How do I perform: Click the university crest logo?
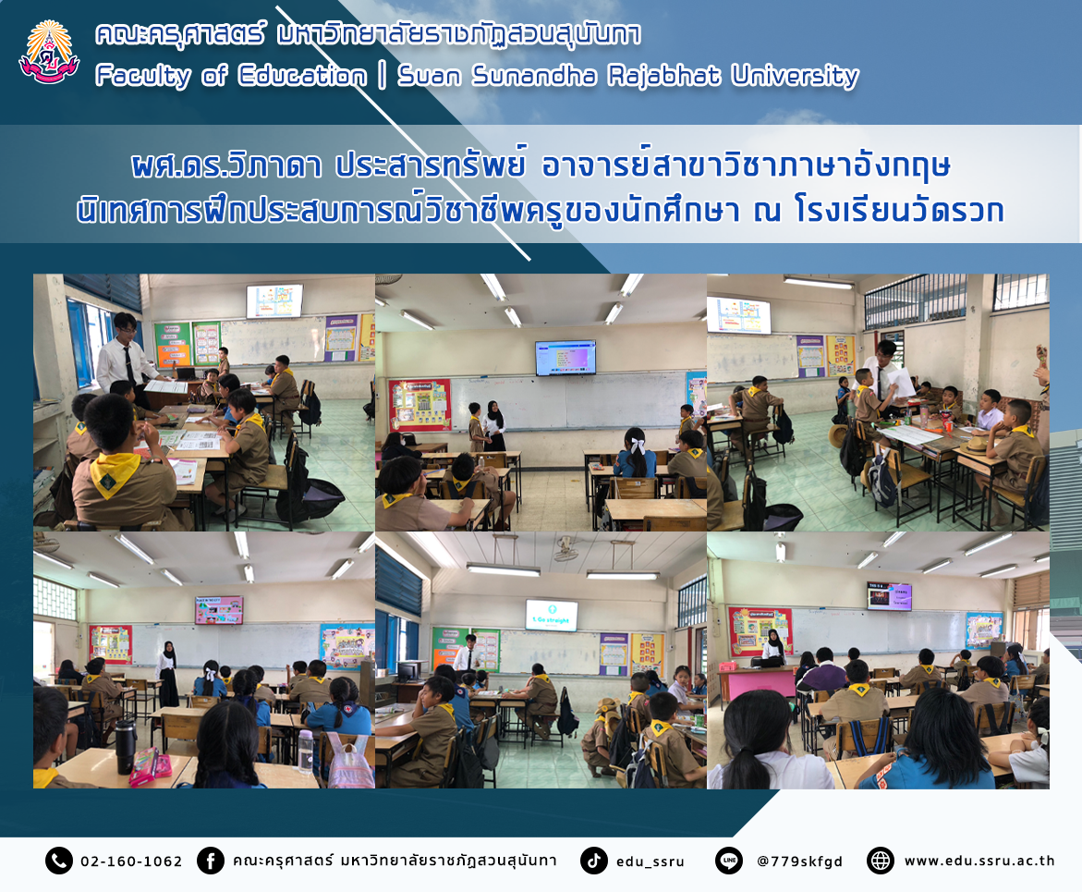click(49, 54)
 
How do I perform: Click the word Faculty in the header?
click(143, 76)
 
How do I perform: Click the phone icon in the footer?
click(58, 861)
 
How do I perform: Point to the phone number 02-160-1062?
click(131, 861)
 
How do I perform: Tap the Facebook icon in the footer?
click(211, 861)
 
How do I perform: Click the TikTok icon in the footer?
click(593, 861)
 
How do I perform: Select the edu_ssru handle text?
click(650, 861)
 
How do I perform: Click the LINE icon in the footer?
click(729, 861)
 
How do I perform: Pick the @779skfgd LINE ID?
click(800, 861)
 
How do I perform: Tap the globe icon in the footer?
click(880, 861)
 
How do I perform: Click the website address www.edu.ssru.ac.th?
click(979, 861)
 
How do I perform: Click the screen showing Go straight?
click(552, 615)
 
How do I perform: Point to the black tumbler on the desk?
click(125, 746)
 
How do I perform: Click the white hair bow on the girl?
click(638, 446)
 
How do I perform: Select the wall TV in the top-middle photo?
click(565, 358)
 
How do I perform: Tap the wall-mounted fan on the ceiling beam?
click(565, 550)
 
